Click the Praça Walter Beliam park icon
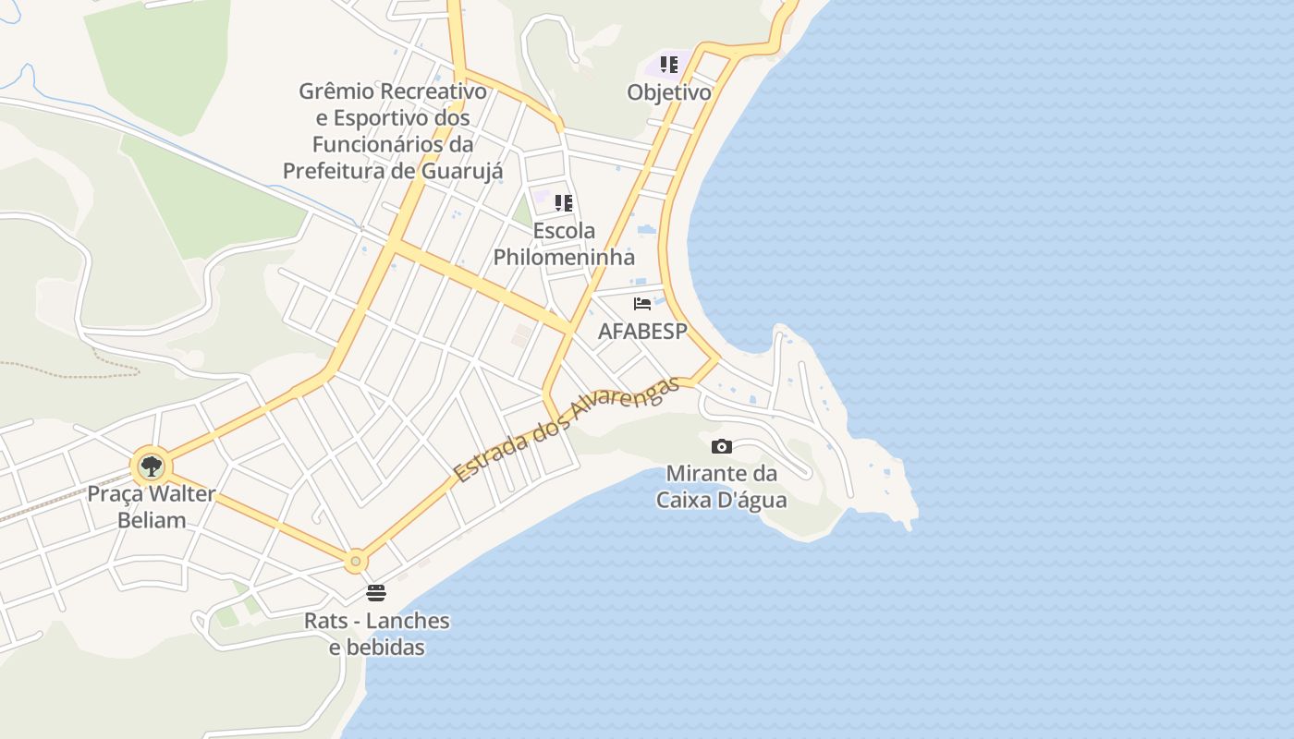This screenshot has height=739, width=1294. tap(151, 466)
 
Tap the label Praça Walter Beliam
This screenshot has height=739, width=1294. tap(151, 506)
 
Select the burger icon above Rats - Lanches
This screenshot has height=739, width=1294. tap(376, 592)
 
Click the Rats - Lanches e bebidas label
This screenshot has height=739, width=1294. tap(377, 634)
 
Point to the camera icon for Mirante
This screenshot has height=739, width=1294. tap(722, 447)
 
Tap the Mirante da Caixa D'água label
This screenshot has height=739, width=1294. tap(722, 487)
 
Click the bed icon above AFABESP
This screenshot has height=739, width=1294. tap(642, 303)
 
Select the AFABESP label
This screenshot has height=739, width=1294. tap(642, 331)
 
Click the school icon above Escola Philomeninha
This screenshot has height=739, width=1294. tap(564, 203)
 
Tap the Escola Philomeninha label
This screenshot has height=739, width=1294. tap(564, 244)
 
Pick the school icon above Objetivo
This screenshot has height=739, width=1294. tap(669, 65)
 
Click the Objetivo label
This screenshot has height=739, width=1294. tap(669, 92)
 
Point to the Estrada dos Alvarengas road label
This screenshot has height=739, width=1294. tap(567, 430)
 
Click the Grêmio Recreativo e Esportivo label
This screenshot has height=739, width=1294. tap(393, 131)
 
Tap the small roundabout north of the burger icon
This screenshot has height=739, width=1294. tap(356, 561)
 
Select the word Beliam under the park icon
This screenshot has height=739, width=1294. tap(152, 520)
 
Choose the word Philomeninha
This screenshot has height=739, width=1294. tap(564, 257)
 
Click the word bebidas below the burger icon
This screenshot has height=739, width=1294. tap(377, 648)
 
